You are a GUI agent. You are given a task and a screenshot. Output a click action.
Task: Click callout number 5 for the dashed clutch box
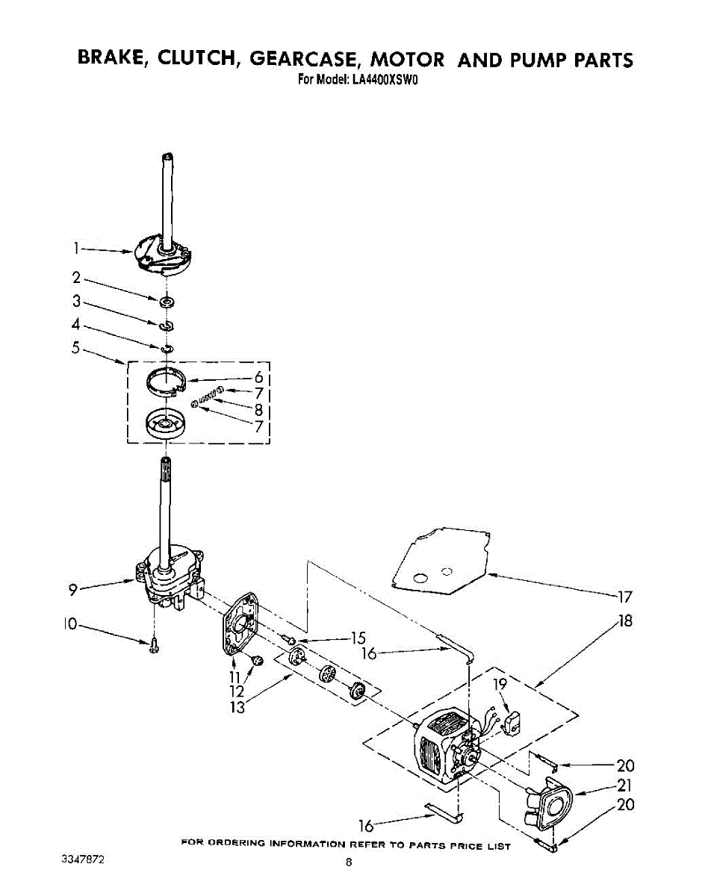click(75, 347)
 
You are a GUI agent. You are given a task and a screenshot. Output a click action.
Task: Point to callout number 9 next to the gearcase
click(72, 590)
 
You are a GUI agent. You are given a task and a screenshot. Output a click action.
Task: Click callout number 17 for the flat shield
click(624, 596)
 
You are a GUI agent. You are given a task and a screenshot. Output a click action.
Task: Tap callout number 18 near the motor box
click(624, 620)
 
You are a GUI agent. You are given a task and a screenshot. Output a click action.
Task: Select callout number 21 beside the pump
click(624, 785)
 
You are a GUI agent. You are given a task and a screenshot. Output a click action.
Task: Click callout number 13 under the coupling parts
click(237, 707)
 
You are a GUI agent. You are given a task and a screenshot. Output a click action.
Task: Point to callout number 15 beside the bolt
click(358, 638)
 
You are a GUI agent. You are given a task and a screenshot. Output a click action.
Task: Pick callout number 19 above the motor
click(500, 684)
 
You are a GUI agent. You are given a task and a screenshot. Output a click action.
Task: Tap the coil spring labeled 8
click(208, 396)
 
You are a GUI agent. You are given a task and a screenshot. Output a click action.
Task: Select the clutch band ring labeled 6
click(165, 380)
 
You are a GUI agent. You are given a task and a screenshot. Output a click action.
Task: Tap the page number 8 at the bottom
click(348, 864)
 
